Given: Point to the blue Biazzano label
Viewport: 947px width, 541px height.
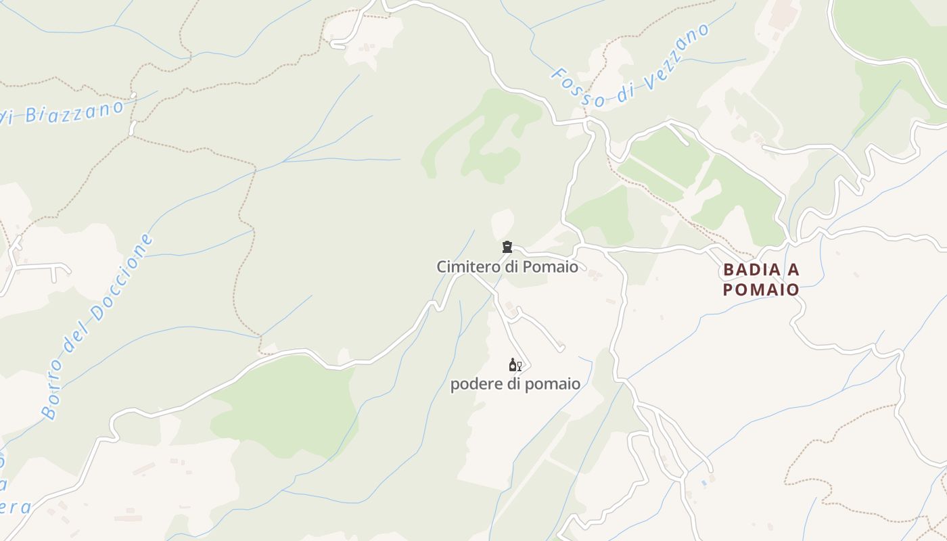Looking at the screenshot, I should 74,112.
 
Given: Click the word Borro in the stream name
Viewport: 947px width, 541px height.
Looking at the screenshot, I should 55,392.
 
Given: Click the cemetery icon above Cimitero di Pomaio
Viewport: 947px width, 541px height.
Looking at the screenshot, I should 507,247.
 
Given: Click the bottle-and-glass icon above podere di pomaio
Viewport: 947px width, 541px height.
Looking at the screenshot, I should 515,365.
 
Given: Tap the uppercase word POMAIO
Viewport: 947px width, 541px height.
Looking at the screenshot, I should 761,289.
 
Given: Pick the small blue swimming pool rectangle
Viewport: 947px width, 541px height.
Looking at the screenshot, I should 704,483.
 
